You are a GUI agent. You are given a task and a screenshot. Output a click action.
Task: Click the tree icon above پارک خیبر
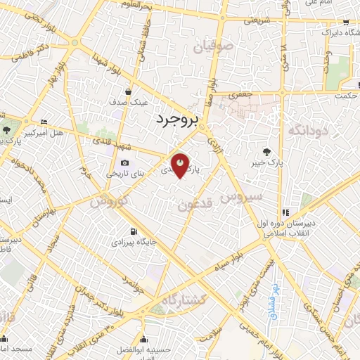pyautogui.click(x=266, y=151)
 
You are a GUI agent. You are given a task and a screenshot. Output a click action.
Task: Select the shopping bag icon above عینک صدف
pyautogui.click(x=129, y=91)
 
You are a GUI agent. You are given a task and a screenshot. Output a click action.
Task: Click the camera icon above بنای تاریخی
pyautogui.click(x=125, y=163)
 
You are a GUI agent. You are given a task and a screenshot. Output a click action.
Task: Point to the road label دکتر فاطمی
pyautogui.click(x=35, y=53)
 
